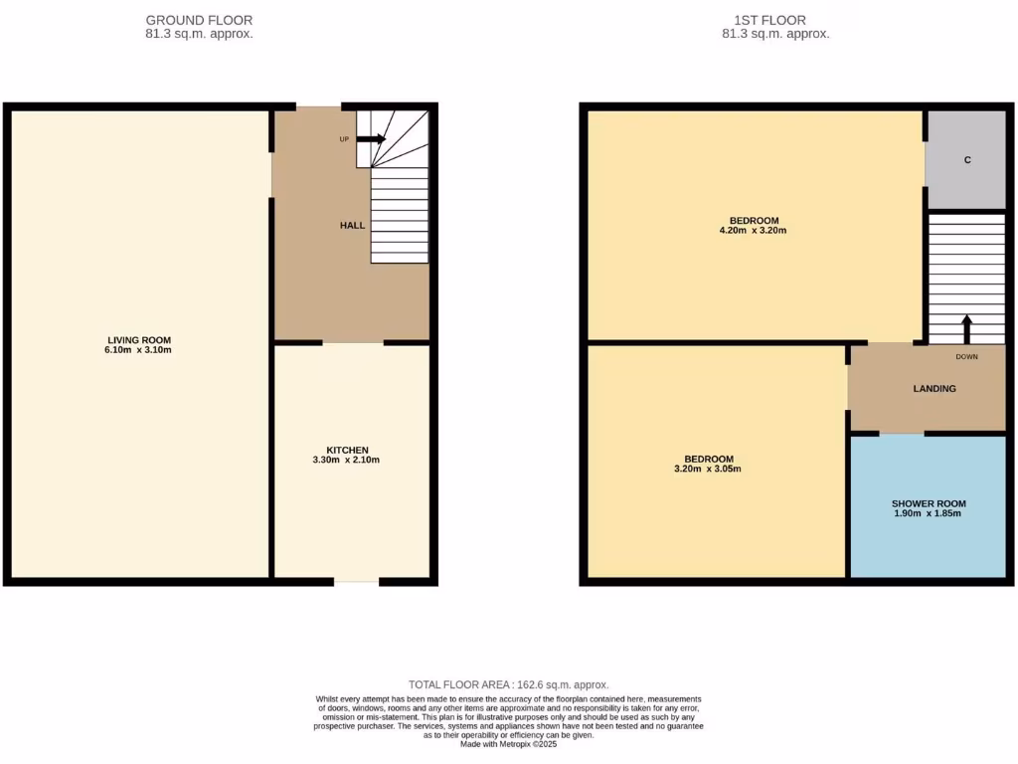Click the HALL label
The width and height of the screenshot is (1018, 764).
[x=352, y=226]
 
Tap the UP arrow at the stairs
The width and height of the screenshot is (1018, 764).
[x=371, y=139]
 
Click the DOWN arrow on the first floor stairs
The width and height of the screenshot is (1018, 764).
[x=966, y=329]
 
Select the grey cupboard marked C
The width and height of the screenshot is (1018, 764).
[x=966, y=160]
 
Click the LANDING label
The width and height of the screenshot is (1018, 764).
[x=934, y=389]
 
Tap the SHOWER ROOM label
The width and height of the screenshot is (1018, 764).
[x=929, y=503]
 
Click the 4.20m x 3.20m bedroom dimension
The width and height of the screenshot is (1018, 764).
[x=754, y=231]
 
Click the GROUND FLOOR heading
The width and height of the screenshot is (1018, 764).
[x=199, y=20]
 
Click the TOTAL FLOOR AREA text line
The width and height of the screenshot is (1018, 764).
[x=509, y=684]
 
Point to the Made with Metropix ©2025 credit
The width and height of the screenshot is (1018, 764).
[x=509, y=744]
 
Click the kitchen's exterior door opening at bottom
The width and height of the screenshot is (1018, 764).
[x=356, y=581]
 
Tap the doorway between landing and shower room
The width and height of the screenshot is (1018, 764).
[x=902, y=434]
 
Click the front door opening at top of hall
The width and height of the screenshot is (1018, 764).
[x=318, y=105]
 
